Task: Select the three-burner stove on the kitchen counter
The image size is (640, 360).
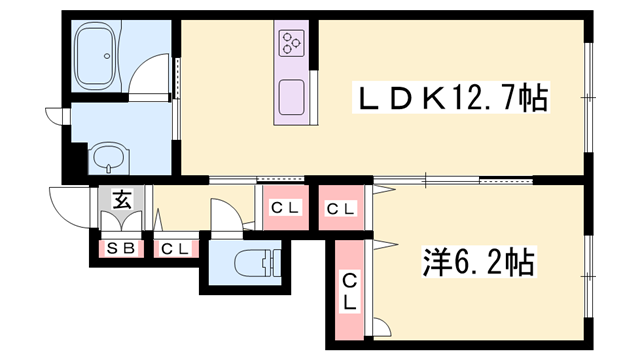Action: click(292, 42)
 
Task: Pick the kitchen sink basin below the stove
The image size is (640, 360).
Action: click(292, 97)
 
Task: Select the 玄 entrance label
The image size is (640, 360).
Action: click(121, 199)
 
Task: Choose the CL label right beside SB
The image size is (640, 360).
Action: click(175, 248)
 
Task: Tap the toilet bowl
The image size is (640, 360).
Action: click(247, 265)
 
